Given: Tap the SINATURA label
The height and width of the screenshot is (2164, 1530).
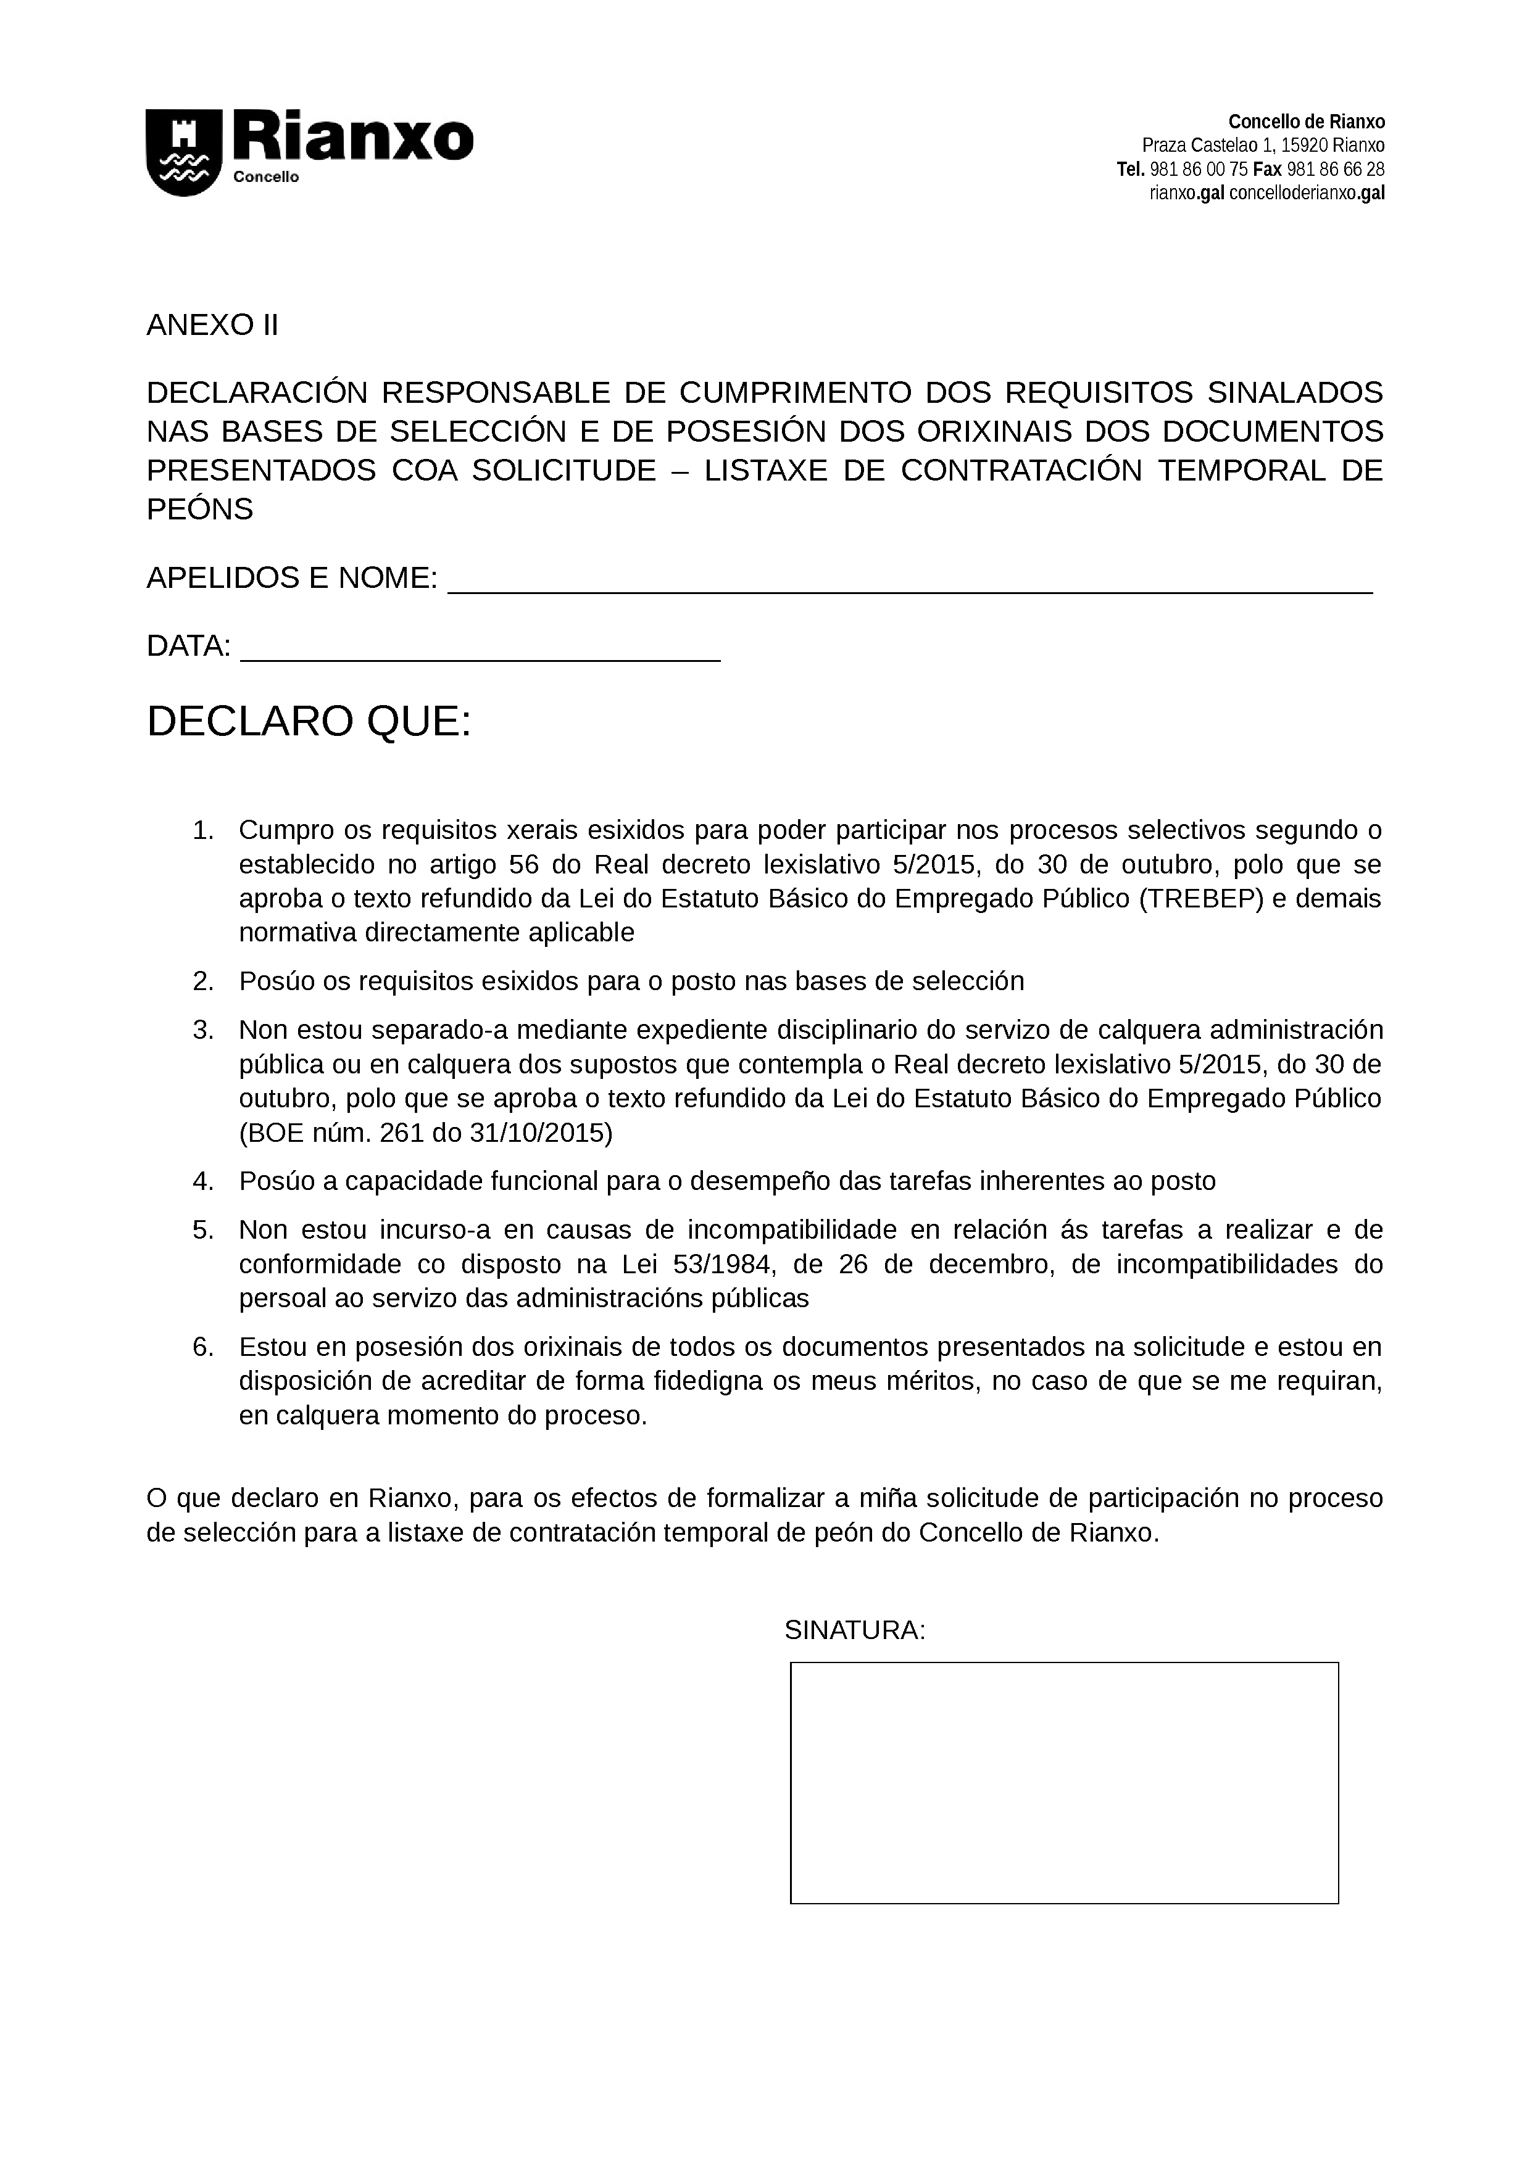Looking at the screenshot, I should (x=854, y=1630).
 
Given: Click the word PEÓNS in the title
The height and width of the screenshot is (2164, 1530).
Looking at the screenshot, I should (x=200, y=510).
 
